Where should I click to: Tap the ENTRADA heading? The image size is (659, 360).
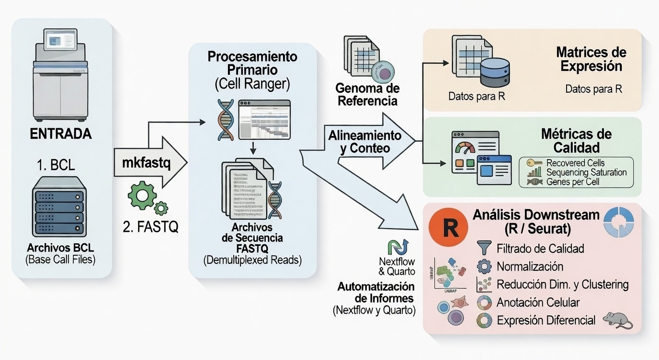(x=61, y=134)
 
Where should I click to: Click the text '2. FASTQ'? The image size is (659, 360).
(x=150, y=227)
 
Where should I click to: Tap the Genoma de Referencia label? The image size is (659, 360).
(x=367, y=95)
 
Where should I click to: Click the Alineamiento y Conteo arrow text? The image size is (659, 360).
(x=364, y=142)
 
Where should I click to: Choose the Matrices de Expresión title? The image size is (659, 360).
(x=591, y=59)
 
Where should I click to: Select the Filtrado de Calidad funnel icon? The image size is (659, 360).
(x=484, y=248)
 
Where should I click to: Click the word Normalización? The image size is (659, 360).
(x=530, y=266)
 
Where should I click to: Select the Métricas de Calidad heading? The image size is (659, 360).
(x=582, y=140)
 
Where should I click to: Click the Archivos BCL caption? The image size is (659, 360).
(x=61, y=248)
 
